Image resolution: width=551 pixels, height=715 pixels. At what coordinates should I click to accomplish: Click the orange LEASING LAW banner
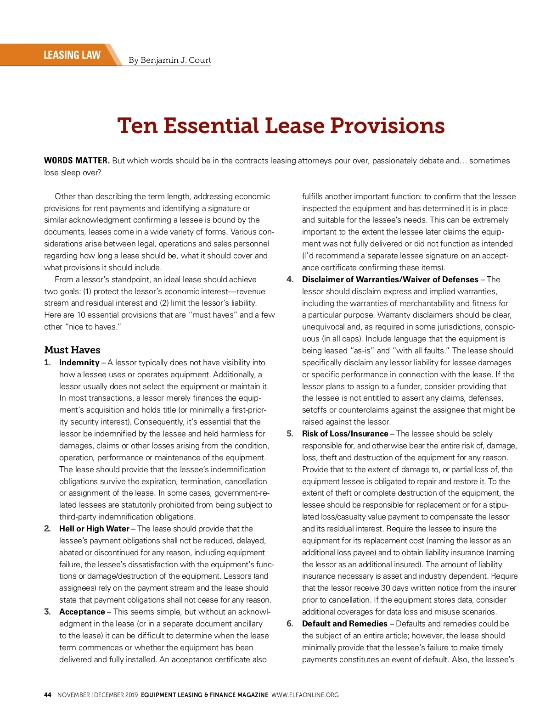(72, 55)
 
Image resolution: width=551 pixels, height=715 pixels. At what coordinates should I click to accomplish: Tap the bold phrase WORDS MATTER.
(77, 161)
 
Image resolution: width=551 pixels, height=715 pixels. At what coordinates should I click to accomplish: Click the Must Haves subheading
(72, 350)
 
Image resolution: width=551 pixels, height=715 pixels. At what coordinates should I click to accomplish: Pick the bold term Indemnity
(79, 363)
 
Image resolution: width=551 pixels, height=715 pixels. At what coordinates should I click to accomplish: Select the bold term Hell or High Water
(94, 529)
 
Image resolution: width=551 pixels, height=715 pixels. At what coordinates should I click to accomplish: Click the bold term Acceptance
(82, 612)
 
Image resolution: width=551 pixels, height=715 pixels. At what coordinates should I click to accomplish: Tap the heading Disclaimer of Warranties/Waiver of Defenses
(390, 279)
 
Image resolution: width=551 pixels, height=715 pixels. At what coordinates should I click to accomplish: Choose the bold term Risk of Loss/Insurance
(345, 434)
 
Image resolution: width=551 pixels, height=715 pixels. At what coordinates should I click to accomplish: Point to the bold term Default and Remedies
(344, 624)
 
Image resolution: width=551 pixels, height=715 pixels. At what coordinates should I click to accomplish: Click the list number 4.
(290, 279)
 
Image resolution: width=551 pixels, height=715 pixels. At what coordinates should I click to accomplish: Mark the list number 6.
(290, 624)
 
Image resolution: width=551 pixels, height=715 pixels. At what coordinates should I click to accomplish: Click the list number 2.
(47, 529)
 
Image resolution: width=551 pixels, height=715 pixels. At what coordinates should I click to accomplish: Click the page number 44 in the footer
(48, 695)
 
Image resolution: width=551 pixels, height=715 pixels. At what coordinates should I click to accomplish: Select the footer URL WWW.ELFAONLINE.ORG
(305, 695)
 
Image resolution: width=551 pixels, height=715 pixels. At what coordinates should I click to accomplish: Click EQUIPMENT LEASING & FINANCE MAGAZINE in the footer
(204, 695)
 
